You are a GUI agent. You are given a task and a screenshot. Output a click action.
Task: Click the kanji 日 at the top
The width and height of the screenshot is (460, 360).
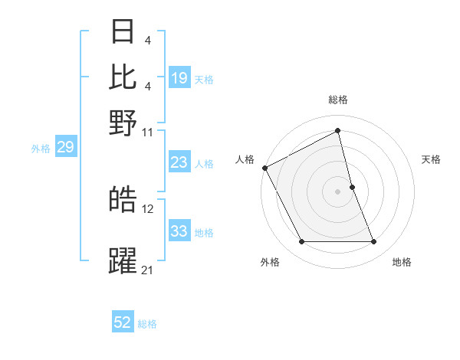[123, 32]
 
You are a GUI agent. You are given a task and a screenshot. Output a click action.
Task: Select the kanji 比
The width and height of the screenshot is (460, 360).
[123, 77]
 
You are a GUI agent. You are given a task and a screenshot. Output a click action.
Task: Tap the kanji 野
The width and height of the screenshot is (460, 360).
[123, 122]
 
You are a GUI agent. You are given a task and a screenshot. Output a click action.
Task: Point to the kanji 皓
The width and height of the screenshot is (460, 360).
[123, 200]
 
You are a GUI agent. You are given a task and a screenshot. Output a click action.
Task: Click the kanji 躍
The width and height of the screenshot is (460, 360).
[123, 260]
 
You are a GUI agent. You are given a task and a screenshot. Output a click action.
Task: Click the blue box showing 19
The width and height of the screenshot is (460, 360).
[179, 77]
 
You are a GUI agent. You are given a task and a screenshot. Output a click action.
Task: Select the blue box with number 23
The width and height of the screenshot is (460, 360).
[179, 162]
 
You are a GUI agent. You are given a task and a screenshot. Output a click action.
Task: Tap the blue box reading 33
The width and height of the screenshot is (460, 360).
[179, 231]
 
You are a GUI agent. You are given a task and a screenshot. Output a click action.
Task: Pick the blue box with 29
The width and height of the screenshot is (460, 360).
[65, 148]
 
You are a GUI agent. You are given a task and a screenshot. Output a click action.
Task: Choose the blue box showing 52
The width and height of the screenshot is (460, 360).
[123, 323]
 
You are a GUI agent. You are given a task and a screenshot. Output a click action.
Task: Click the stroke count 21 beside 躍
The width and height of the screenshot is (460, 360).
[147, 270]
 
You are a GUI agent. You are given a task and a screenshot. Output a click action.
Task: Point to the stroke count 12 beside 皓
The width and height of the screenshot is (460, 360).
[148, 208]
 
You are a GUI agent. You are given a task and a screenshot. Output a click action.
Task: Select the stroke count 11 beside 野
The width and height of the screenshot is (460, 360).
[148, 131]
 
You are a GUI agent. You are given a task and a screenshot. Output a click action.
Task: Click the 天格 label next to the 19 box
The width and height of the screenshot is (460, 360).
[204, 79]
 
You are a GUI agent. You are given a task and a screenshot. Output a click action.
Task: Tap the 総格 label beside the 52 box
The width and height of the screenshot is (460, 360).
[148, 325]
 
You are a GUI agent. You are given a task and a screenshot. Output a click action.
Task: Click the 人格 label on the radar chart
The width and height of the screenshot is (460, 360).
[245, 159]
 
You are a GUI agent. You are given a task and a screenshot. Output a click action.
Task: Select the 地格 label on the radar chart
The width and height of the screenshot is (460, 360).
[402, 262]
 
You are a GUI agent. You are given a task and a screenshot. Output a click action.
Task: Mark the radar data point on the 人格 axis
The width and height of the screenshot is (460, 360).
[264, 168]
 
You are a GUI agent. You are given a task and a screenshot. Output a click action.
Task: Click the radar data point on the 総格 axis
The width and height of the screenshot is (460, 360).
[337, 131]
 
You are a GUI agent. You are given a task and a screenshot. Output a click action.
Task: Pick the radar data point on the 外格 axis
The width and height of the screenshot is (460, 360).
[301, 242]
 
